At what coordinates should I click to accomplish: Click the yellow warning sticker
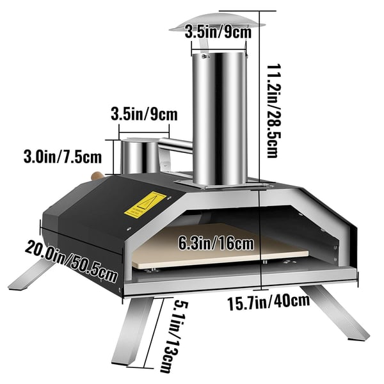coord(145,204)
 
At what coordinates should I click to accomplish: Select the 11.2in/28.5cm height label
coord(273,111)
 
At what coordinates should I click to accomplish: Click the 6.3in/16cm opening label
coord(216,243)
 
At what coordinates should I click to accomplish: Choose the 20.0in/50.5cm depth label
coord(70,261)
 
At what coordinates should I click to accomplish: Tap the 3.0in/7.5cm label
coord(63,157)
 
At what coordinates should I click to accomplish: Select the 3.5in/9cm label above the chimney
coord(218,31)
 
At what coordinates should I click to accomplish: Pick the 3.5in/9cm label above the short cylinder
coord(144,114)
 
